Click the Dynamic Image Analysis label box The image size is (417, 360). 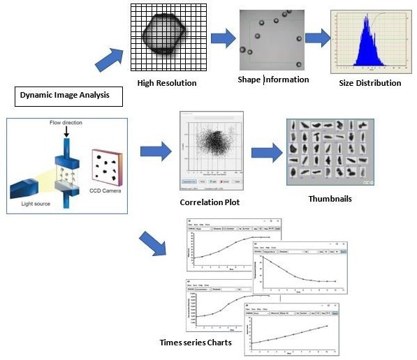pyautogui.click(x=67, y=95)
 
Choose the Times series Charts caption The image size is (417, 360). pyautogui.click(x=193, y=342)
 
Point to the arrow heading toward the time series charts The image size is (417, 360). pyautogui.click(x=153, y=241)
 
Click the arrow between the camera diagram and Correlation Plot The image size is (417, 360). pyautogui.click(x=154, y=151)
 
